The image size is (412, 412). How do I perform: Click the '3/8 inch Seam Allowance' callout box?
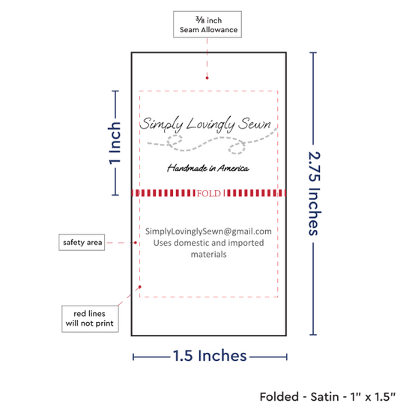[x=207, y=24]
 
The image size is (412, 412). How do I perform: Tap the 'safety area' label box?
[x=82, y=242]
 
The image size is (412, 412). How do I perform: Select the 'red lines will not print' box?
[x=90, y=318]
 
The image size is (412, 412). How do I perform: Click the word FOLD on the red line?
[x=209, y=194]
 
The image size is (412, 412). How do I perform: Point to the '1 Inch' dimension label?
[x=115, y=143]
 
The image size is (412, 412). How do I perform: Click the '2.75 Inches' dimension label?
[x=315, y=193]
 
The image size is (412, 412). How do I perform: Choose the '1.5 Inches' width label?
[x=210, y=356]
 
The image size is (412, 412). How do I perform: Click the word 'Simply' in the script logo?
[x=161, y=124]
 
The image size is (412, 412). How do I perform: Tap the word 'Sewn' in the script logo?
[x=255, y=124]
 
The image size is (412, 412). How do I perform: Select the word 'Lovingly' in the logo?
[x=210, y=124]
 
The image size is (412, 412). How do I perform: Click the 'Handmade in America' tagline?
[x=208, y=168]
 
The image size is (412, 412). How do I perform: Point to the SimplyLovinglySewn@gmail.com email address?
[x=208, y=231]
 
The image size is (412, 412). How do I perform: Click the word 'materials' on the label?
[x=209, y=255]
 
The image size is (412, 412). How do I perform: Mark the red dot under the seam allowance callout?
[x=207, y=78]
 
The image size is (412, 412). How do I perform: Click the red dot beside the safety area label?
[x=136, y=243]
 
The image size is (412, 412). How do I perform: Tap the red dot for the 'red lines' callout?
[x=140, y=287]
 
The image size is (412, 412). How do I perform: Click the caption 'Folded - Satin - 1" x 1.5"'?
[x=327, y=397]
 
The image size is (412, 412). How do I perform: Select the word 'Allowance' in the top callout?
[x=219, y=30]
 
